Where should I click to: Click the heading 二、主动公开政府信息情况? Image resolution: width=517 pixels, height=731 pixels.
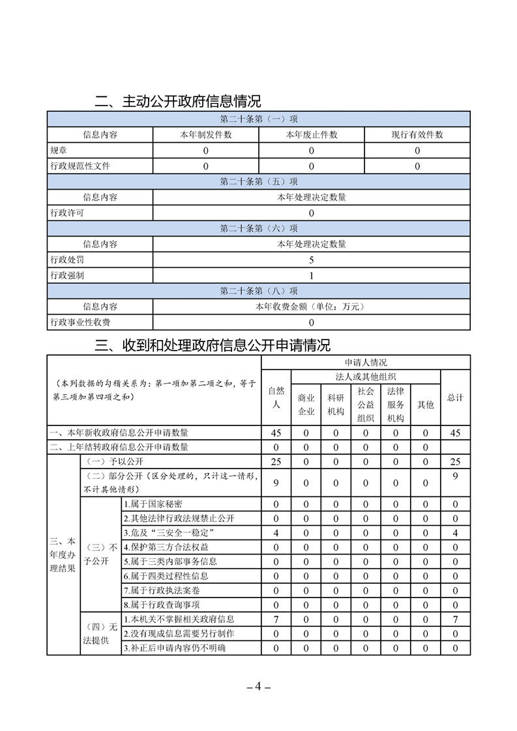point(177,102)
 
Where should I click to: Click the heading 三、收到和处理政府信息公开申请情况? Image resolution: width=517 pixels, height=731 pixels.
point(213,345)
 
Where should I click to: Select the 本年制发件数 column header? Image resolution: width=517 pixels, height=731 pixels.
point(205,135)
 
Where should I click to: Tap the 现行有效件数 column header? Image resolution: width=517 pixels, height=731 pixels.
point(417,135)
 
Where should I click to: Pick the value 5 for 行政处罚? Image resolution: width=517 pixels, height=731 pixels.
point(311,260)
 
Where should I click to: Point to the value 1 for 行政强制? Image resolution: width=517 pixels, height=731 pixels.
point(311,276)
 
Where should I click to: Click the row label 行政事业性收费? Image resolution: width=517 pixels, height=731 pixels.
point(80,322)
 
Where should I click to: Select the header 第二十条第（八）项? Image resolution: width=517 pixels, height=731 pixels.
point(258,291)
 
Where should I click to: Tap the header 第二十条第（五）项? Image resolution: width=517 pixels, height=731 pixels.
point(258,182)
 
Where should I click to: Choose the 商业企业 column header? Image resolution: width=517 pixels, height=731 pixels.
point(306,404)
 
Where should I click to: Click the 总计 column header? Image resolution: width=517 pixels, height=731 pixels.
point(455,397)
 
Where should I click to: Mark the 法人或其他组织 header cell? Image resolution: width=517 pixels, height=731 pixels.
point(366,376)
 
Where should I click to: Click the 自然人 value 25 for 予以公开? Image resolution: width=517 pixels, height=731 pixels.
point(276,462)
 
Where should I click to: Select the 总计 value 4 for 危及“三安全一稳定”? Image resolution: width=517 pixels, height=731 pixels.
point(455,533)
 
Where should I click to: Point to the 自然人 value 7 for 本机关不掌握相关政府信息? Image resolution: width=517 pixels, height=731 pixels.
point(276,619)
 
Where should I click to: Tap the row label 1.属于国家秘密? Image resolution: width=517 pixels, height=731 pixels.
point(153,504)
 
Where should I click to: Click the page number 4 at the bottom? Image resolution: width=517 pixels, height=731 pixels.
point(258,686)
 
